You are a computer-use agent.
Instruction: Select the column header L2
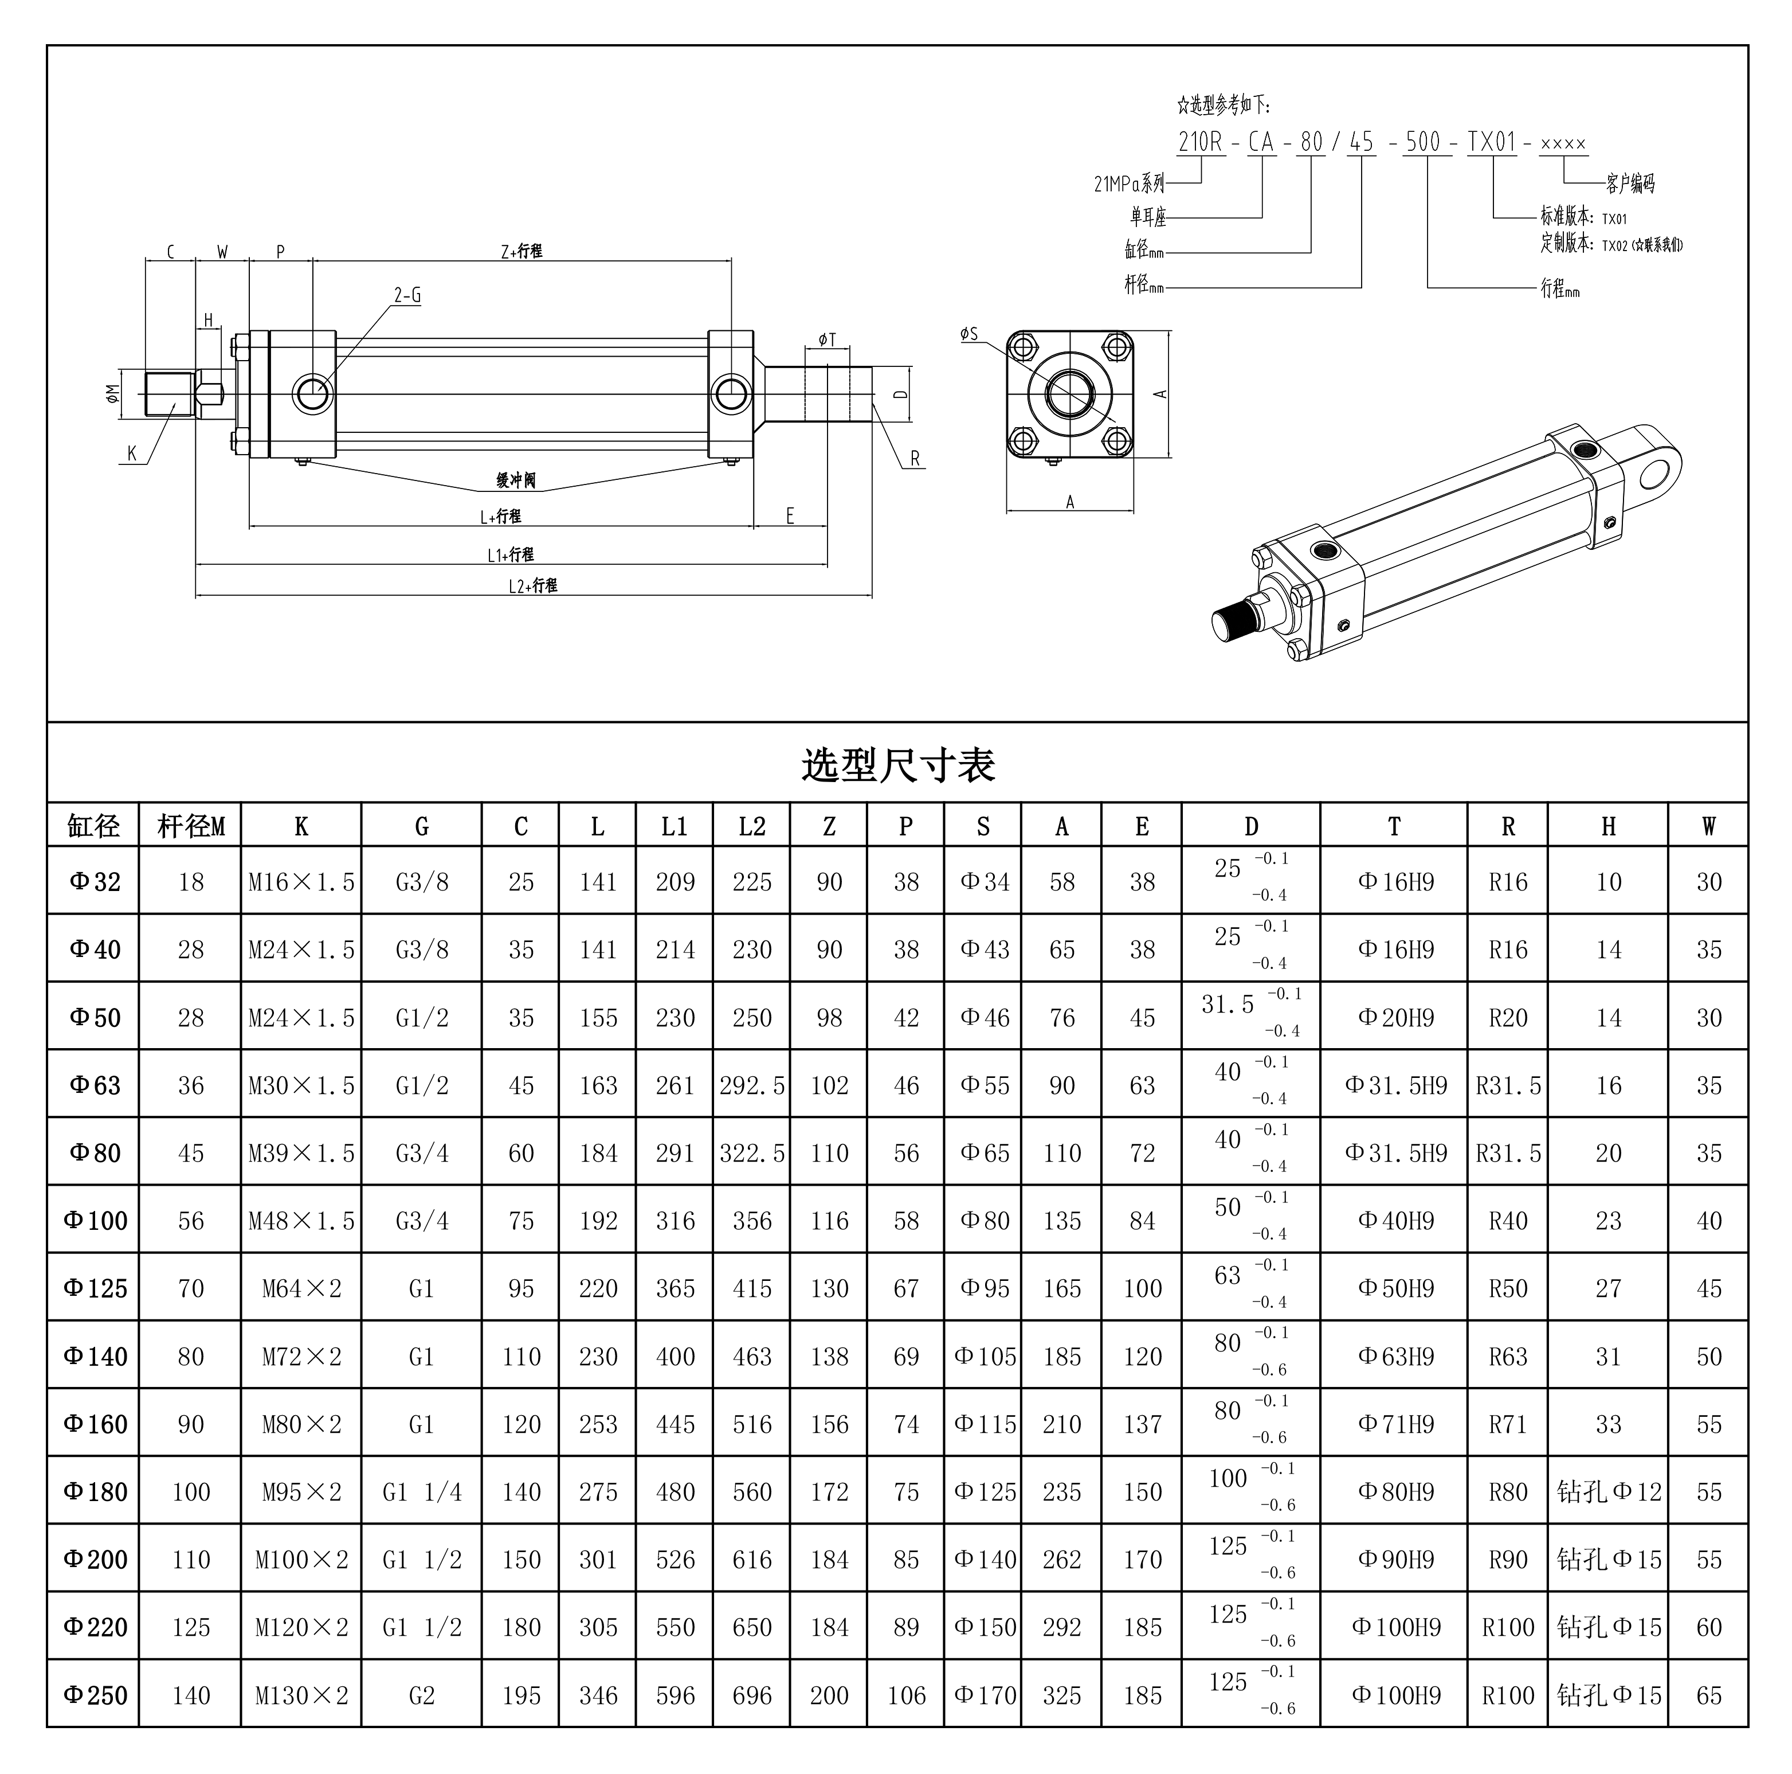[751, 826]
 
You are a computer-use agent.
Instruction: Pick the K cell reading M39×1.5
[301, 1153]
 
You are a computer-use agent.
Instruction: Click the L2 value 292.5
[751, 1085]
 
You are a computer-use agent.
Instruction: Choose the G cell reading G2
[421, 1695]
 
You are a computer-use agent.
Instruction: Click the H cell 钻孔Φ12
[1609, 1492]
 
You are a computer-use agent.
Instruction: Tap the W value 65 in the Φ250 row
[1708, 1695]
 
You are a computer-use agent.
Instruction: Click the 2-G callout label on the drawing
[407, 296]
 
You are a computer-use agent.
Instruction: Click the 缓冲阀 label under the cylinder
[516, 480]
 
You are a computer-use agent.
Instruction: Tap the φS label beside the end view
[969, 334]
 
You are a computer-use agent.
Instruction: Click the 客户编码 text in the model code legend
[1630, 183]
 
